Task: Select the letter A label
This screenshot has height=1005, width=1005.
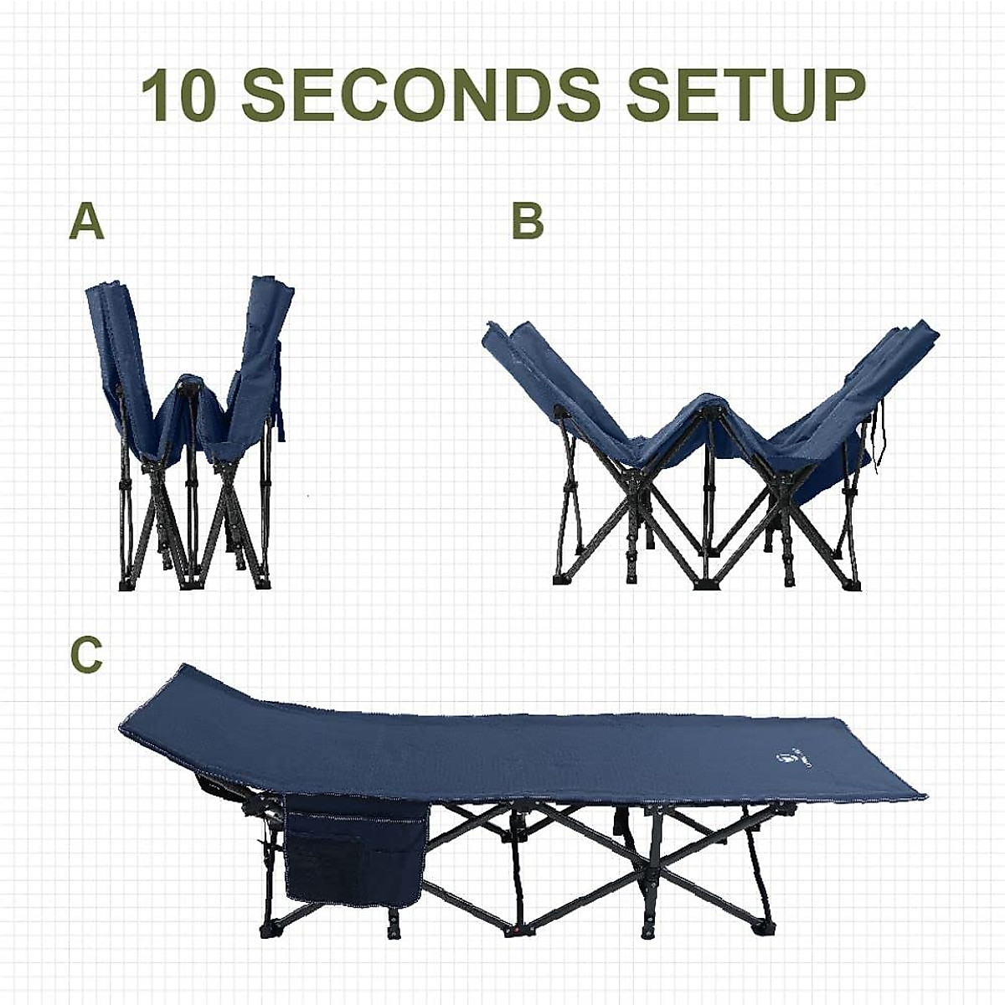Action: (86, 223)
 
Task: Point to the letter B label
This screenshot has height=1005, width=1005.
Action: (528, 223)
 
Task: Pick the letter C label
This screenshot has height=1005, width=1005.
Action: (86, 656)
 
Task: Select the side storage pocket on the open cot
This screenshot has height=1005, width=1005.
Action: (355, 846)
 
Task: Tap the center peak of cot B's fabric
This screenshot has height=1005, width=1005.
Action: (710, 402)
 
